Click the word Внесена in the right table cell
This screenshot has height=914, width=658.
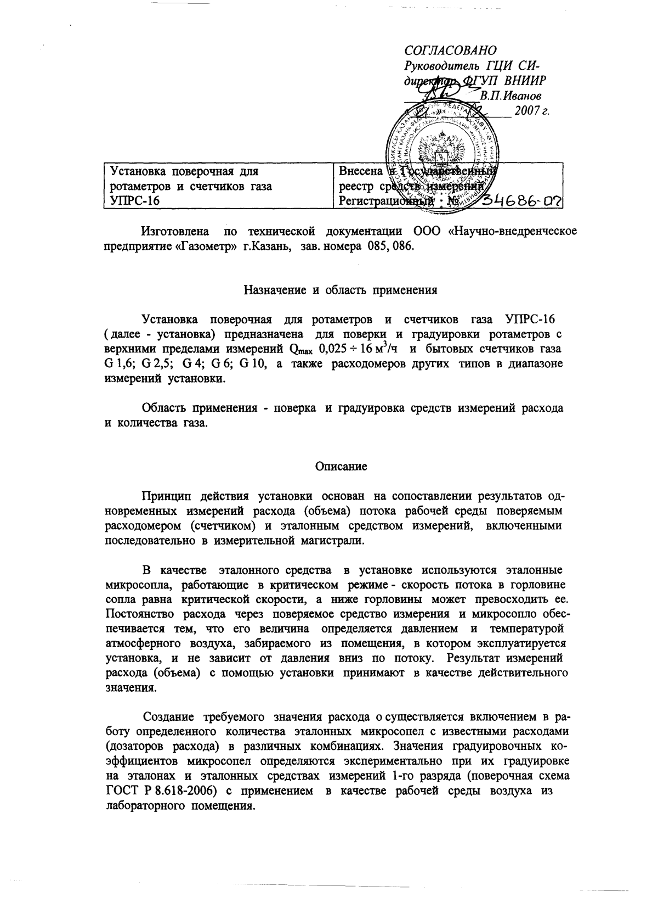(x=360, y=171)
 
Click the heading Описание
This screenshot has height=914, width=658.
(x=341, y=467)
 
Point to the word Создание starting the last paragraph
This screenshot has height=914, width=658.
(x=169, y=717)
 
